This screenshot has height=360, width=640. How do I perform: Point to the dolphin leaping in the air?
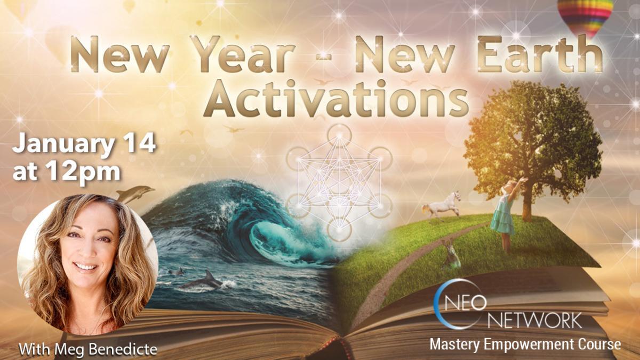134,194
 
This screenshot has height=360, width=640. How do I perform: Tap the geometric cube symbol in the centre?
339,182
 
